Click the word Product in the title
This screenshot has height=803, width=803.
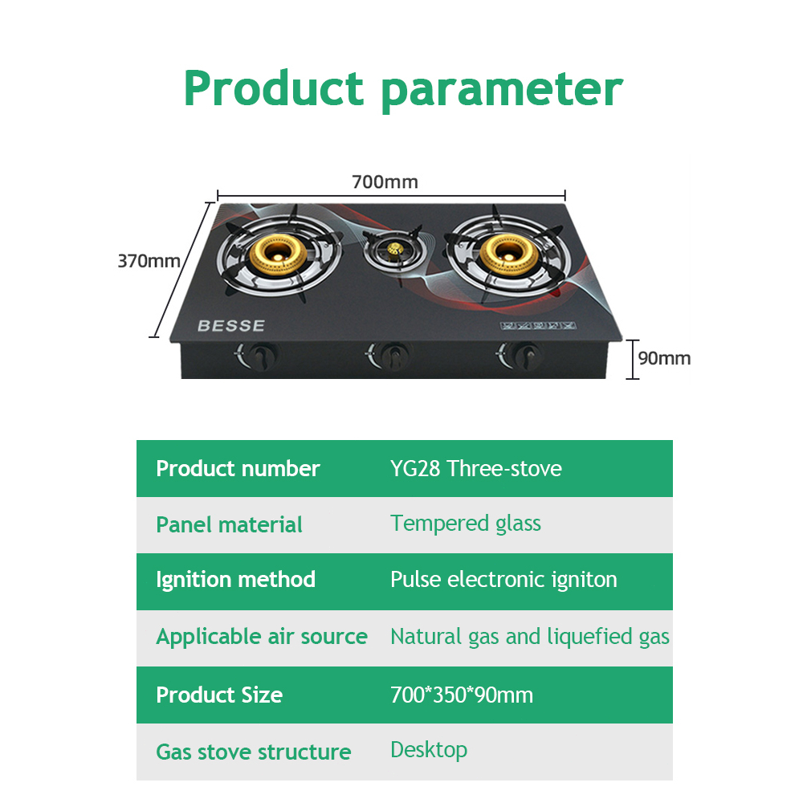point(274,88)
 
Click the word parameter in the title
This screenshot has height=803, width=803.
point(502,90)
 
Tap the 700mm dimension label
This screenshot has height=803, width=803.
point(385,182)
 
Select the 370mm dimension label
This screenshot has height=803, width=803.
point(149,261)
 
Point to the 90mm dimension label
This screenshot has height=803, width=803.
point(664,358)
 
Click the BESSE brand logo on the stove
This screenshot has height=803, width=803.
point(230,326)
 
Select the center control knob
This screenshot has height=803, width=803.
point(392,353)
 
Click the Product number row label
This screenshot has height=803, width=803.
point(238,469)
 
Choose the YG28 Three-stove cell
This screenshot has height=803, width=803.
point(476,469)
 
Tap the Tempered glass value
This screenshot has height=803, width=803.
point(466,524)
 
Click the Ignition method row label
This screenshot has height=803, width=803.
point(236,580)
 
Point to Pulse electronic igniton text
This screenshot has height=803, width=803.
point(503,580)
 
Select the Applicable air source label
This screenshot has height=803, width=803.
point(262,637)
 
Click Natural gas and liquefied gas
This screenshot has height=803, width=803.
point(530,637)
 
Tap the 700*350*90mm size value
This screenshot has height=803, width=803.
point(462,695)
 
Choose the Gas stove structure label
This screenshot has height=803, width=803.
point(254,752)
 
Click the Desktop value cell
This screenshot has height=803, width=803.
point(429,750)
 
